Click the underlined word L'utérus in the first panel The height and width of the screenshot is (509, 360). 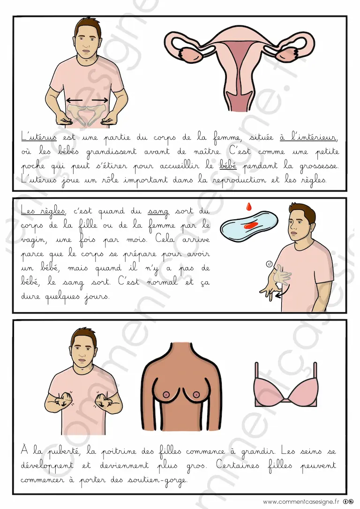(x=39, y=137)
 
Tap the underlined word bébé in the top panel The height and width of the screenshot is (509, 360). (x=228, y=165)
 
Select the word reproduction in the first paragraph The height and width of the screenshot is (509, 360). (x=240, y=180)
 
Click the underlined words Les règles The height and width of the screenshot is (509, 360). (x=43, y=211)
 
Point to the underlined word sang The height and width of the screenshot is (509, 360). (x=158, y=212)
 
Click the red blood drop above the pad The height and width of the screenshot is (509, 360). (x=249, y=206)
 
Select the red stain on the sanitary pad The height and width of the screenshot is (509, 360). (x=250, y=225)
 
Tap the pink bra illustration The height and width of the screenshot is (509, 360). (x=285, y=385)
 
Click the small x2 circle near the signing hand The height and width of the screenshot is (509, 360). (x=269, y=264)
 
